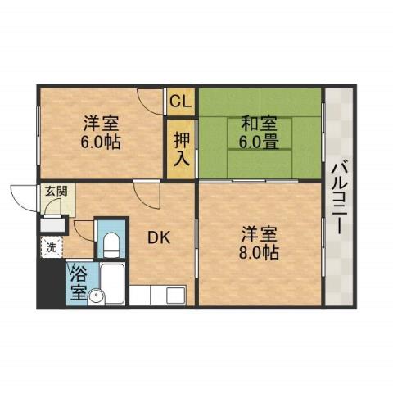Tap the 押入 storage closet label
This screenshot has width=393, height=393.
[181, 147]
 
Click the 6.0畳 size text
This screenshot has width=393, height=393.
[259, 142]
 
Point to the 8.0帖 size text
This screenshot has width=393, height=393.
[259, 252]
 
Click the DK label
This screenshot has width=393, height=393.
[158, 238]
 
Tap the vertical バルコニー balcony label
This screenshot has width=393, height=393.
[337, 196]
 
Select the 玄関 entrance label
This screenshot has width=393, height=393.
[56, 192]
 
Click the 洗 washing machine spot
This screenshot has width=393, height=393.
[51, 246]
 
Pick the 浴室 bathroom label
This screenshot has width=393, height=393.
[79, 281]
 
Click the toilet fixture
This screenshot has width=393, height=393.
[111, 242]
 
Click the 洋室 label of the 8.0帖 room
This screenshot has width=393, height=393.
[259, 233]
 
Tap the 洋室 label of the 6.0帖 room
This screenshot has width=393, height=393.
[101, 124]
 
